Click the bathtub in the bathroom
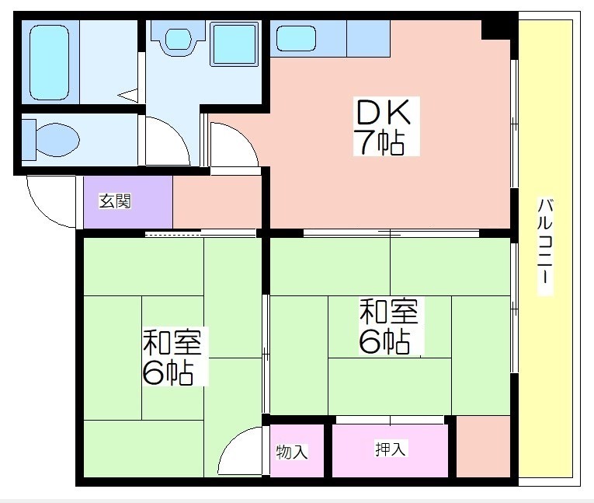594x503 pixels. point(50,62)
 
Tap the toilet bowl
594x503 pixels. point(57,140)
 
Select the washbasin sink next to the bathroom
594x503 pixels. point(178,39)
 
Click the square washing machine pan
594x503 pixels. point(234,44)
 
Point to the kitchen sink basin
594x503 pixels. point(296,38)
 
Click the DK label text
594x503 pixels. point(382,112)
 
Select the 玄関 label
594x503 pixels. point(115,201)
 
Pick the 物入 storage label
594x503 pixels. point(291,452)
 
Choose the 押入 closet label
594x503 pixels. point(391,449)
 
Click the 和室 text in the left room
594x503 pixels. point(172,342)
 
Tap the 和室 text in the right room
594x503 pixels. point(389,312)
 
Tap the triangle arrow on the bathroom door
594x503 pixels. point(128,95)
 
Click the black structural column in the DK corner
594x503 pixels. point(495,30)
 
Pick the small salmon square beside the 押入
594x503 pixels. point(483,446)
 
